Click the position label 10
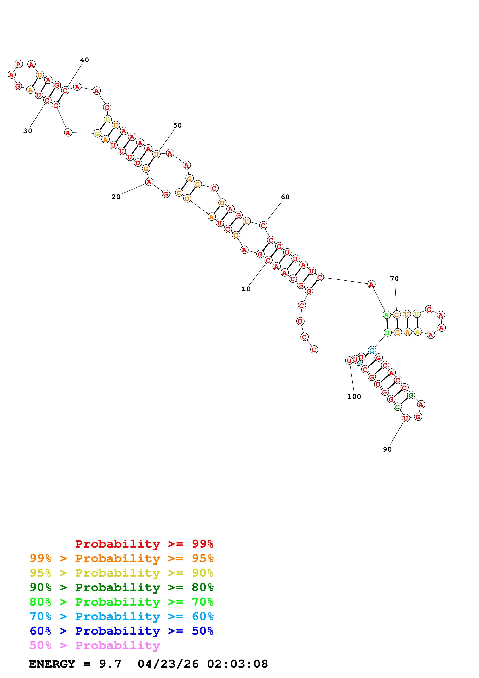(x=246, y=289)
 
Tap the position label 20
(x=116, y=197)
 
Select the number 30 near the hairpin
(x=28, y=131)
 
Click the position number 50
(x=177, y=125)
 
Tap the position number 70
(x=394, y=279)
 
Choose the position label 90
(x=387, y=449)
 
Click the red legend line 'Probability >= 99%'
(x=144, y=544)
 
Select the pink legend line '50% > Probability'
(x=95, y=646)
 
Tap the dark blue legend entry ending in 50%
(x=122, y=631)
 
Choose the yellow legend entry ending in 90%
(x=122, y=573)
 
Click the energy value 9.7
(x=110, y=664)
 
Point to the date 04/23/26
(x=168, y=664)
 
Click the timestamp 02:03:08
(x=238, y=664)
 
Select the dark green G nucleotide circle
(x=411, y=395)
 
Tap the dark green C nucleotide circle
(x=397, y=407)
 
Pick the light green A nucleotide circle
(x=386, y=315)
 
